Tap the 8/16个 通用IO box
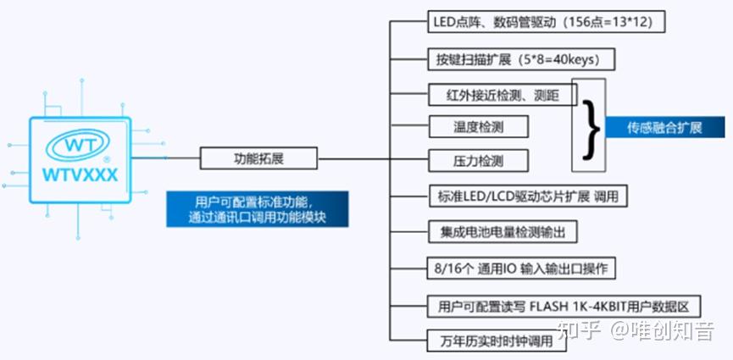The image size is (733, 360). pos(519,269)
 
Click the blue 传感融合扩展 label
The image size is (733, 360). pos(664,127)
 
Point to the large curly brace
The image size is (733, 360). pos(591,127)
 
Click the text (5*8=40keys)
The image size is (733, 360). pos(566,60)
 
